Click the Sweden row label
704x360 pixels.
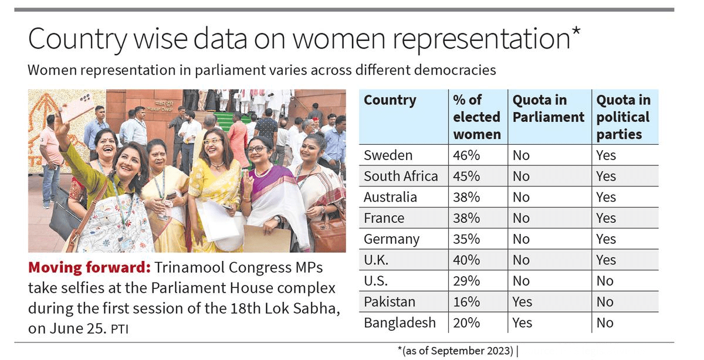coord(388,155)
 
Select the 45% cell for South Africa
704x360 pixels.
coord(466,176)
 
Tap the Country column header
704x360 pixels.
coord(390,100)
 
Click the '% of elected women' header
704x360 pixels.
coord(476,117)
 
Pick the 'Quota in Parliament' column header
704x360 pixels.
coord(548,108)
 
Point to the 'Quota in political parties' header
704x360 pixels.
coord(623,117)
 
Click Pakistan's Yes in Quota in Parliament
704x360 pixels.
coord(522,302)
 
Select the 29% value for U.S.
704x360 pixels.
coord(466,281)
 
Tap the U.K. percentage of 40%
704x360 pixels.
coord(466,260)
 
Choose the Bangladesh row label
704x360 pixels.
coord(400,323)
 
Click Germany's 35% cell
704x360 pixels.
coord(466,239)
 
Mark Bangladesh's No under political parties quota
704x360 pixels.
coord(605,323)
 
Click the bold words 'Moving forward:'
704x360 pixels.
coord(89,268)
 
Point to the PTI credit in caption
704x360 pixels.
coord(120,330)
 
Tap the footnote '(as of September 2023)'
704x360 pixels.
coord(457,351)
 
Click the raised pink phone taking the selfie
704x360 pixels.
coord(77,107)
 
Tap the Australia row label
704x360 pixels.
coord(390,197)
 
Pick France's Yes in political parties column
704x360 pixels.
coord(606,218)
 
